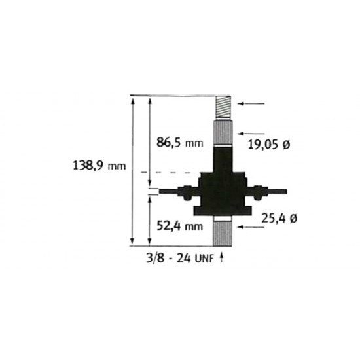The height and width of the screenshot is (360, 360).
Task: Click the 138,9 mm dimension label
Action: pos(99,166)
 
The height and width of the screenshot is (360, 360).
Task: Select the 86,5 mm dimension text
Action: pos(180,142)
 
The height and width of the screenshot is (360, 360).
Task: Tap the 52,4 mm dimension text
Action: pos(180,226)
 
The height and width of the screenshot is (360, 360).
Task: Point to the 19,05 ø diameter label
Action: pos(269,145)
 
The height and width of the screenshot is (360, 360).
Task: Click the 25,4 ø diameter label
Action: pos(279,219)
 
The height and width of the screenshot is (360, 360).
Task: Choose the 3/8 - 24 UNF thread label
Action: pos(180,259)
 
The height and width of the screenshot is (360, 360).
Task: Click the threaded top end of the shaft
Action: pos(223,107)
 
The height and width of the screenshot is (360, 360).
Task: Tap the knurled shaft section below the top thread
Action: pos(223,133)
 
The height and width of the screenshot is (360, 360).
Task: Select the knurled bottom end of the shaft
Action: pos(223,234)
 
